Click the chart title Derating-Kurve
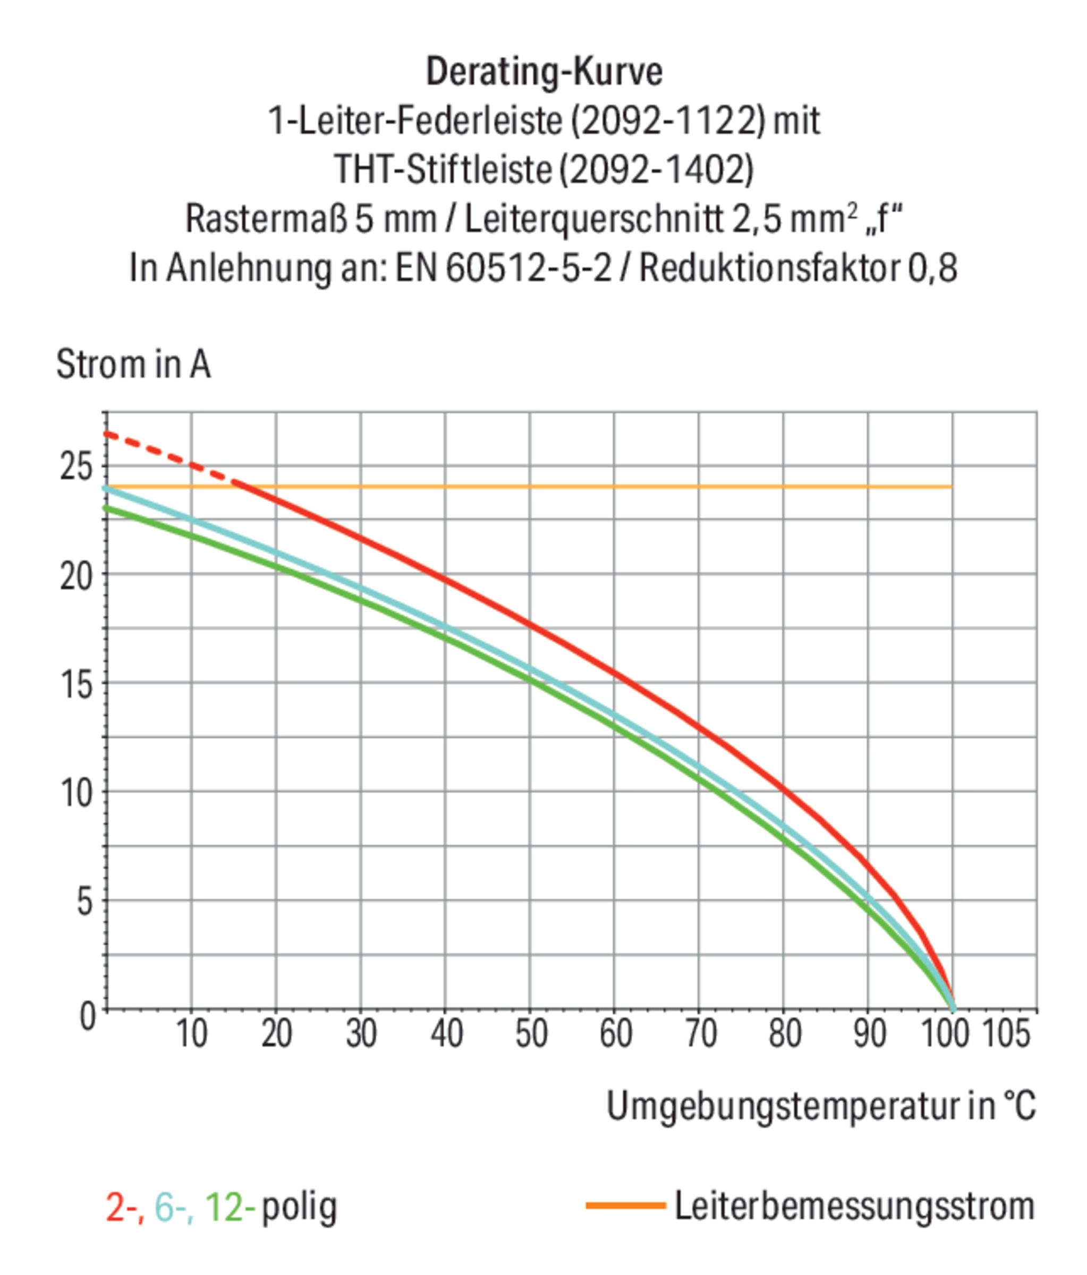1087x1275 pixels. (x=543, y=71)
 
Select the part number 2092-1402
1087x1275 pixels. (x=656, y=169)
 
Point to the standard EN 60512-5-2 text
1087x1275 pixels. (x=504, y=268)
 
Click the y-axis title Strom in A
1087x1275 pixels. (x=133, y=364)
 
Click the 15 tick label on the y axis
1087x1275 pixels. (x=77, y=684)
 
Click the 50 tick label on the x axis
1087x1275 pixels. (x=531, y=1033)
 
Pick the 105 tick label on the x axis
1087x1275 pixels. (x=1006, y=1033)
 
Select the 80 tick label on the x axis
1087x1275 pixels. (x=785, y=1033)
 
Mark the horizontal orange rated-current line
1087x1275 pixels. (x=554, y=487)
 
